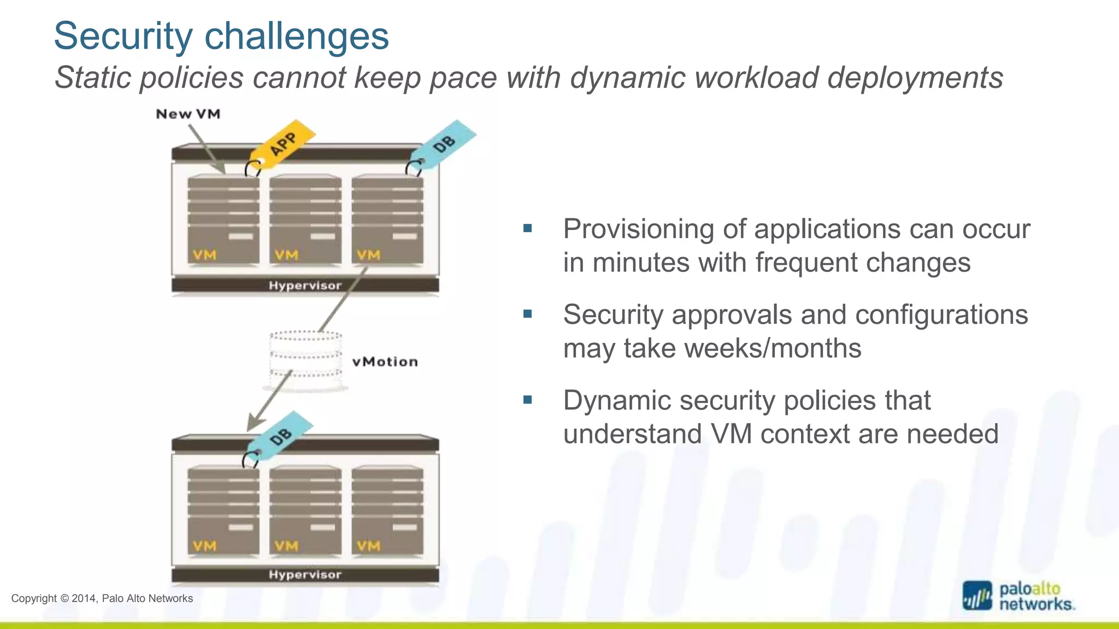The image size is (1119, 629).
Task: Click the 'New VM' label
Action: [x=188, y=114]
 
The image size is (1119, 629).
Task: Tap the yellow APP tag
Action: [x=284, y=144]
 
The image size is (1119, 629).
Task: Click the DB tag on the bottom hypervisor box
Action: [x=281, y=436]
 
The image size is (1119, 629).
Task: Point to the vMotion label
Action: [x=385, y=362]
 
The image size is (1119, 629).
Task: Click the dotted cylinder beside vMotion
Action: [x=305, y=360]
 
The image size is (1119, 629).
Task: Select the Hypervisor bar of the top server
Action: [x=305, y=286]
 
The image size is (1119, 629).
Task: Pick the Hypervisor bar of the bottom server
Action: [x=305, y=575]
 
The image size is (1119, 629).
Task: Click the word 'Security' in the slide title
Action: [x=123, y=36]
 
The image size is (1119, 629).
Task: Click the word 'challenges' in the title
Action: [x=297, y=36]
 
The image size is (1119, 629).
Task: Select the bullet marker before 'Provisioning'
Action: [x=527, y=228]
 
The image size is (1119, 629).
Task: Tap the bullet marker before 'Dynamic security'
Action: [x=527, y=400]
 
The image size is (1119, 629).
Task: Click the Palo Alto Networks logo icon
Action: [x=977, y=596]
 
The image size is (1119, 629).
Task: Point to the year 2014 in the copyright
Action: [x=84, y=598]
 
